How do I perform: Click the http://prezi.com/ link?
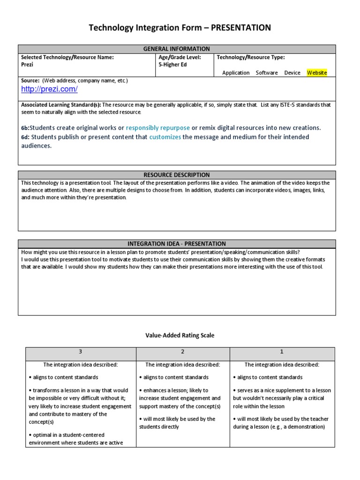(49, 89)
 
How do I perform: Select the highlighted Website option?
(317, 73)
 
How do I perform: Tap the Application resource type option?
(236, 73)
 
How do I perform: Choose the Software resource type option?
(267, 73)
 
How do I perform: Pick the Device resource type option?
(292, 73)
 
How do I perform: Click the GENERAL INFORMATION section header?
(177, 49)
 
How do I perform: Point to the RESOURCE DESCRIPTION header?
(177, 175)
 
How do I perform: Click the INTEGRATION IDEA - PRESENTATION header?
(177, 244)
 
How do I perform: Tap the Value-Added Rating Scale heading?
(180, 335)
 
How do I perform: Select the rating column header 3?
(81, 352)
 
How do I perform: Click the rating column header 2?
(183, 352)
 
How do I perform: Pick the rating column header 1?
(282, 352)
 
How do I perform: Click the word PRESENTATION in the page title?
(241, 28)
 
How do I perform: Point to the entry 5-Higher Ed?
(172, 65)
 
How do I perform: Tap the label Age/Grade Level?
(180, 57)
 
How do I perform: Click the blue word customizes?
(165, 137)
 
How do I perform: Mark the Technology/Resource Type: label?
(250, 57)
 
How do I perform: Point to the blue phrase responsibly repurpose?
(158, 127)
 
